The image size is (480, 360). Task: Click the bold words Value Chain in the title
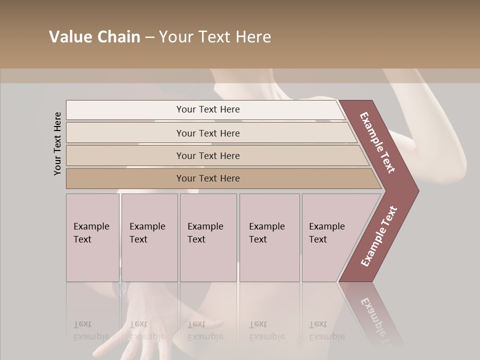coord(94,37)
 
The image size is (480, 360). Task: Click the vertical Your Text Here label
coord(57,143)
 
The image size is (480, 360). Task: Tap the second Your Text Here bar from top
coord(208,133)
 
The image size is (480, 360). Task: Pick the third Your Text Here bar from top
coord(208,155)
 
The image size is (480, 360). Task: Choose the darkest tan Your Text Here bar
coord(208,178)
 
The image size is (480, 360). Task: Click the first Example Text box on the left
coord(92,237)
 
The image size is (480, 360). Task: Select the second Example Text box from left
coord(149,237)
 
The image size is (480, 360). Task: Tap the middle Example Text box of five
coord(208,237)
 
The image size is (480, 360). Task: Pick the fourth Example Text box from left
coord(269,237)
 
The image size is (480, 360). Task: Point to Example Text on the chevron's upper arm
coord(377,142)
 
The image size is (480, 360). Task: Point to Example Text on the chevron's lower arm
coord(378,236)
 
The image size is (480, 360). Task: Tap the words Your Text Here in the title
coord(215,37)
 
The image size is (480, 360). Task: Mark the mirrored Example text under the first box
coord(91,336)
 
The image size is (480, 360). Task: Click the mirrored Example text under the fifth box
coord(327,336)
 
